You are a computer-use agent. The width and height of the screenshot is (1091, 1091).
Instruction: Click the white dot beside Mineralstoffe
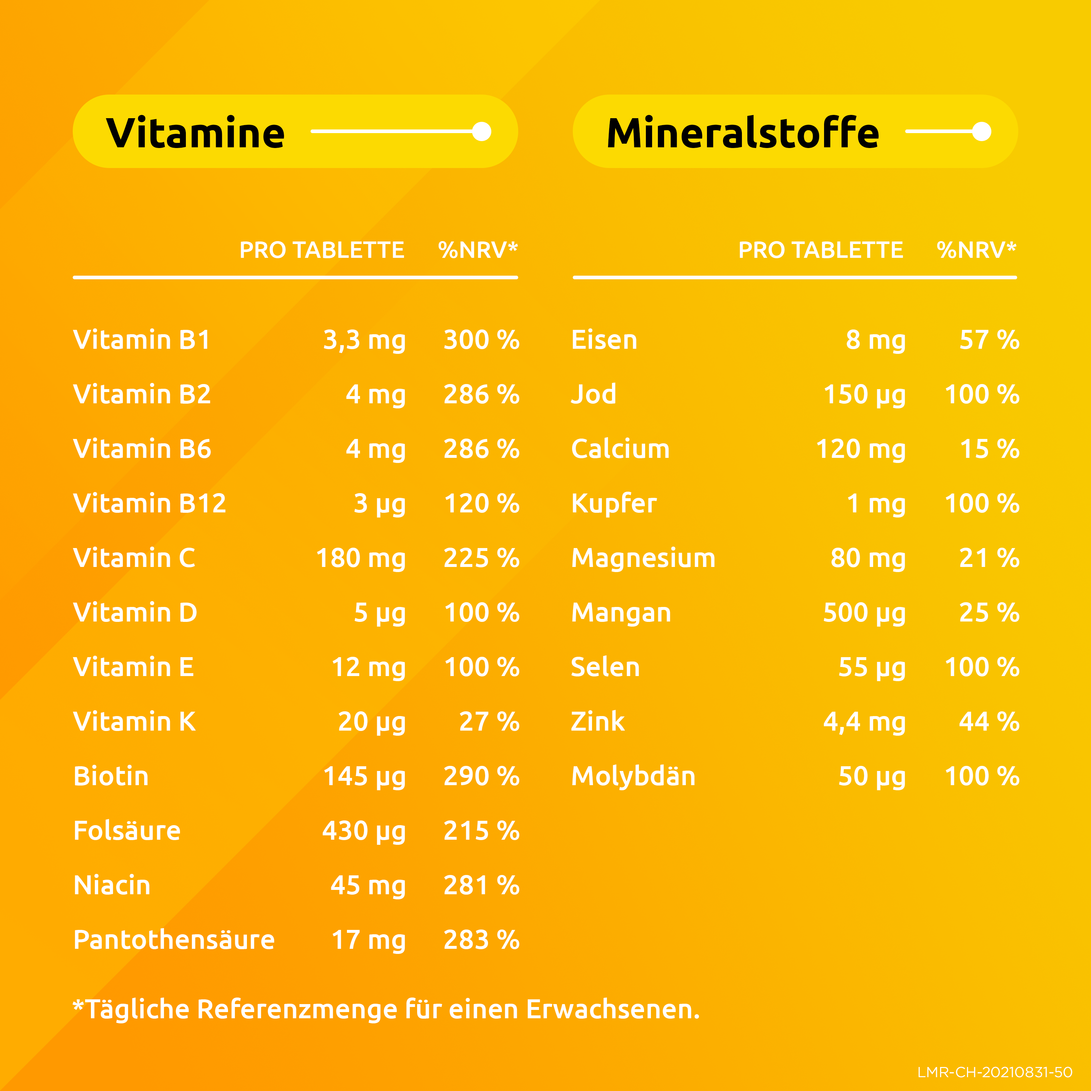pyautogui.click(x=982, y=132)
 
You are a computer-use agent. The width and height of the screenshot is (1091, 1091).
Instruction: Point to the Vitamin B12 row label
pyautogui.click(x=149, y=503)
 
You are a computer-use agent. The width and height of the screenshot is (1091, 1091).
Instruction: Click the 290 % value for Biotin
pyautogui.click(x=481, y=776)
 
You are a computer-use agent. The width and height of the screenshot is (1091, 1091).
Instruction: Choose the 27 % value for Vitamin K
pyautogui.click(x=489, y=722)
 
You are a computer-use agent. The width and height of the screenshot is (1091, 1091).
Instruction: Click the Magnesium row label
pyautogui.click(x=643, y=558)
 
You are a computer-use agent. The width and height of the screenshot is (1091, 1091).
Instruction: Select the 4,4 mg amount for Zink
pyautogui.click(x=864, y=722)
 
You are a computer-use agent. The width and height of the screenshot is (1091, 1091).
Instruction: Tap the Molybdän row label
pyautogui.click(x=633, y=776)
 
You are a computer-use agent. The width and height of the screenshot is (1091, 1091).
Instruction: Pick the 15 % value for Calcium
pyautogui.click(x=989, y=449)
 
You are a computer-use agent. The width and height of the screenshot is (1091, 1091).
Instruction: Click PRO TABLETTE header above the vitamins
pyautogui.click(x=322, y=250)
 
